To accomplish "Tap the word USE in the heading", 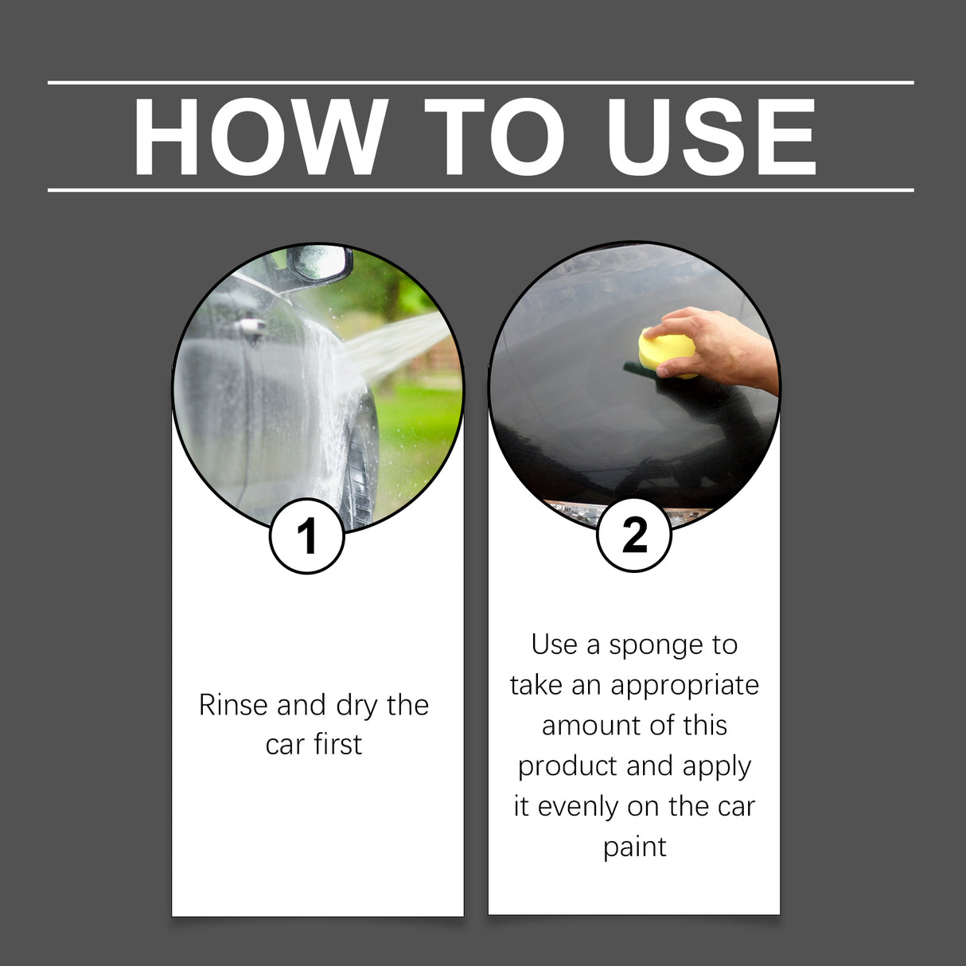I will (711, 137).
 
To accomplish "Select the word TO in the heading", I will (494, 137).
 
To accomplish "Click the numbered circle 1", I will (307, 536).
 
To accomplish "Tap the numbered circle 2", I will (634, 535).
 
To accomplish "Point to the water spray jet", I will (398, 346).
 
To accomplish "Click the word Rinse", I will (233, 705).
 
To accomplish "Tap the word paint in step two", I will (634, 847).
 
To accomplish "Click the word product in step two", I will (568, 766).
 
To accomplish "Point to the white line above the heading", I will (481, 82).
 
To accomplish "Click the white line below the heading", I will (481, 190).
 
